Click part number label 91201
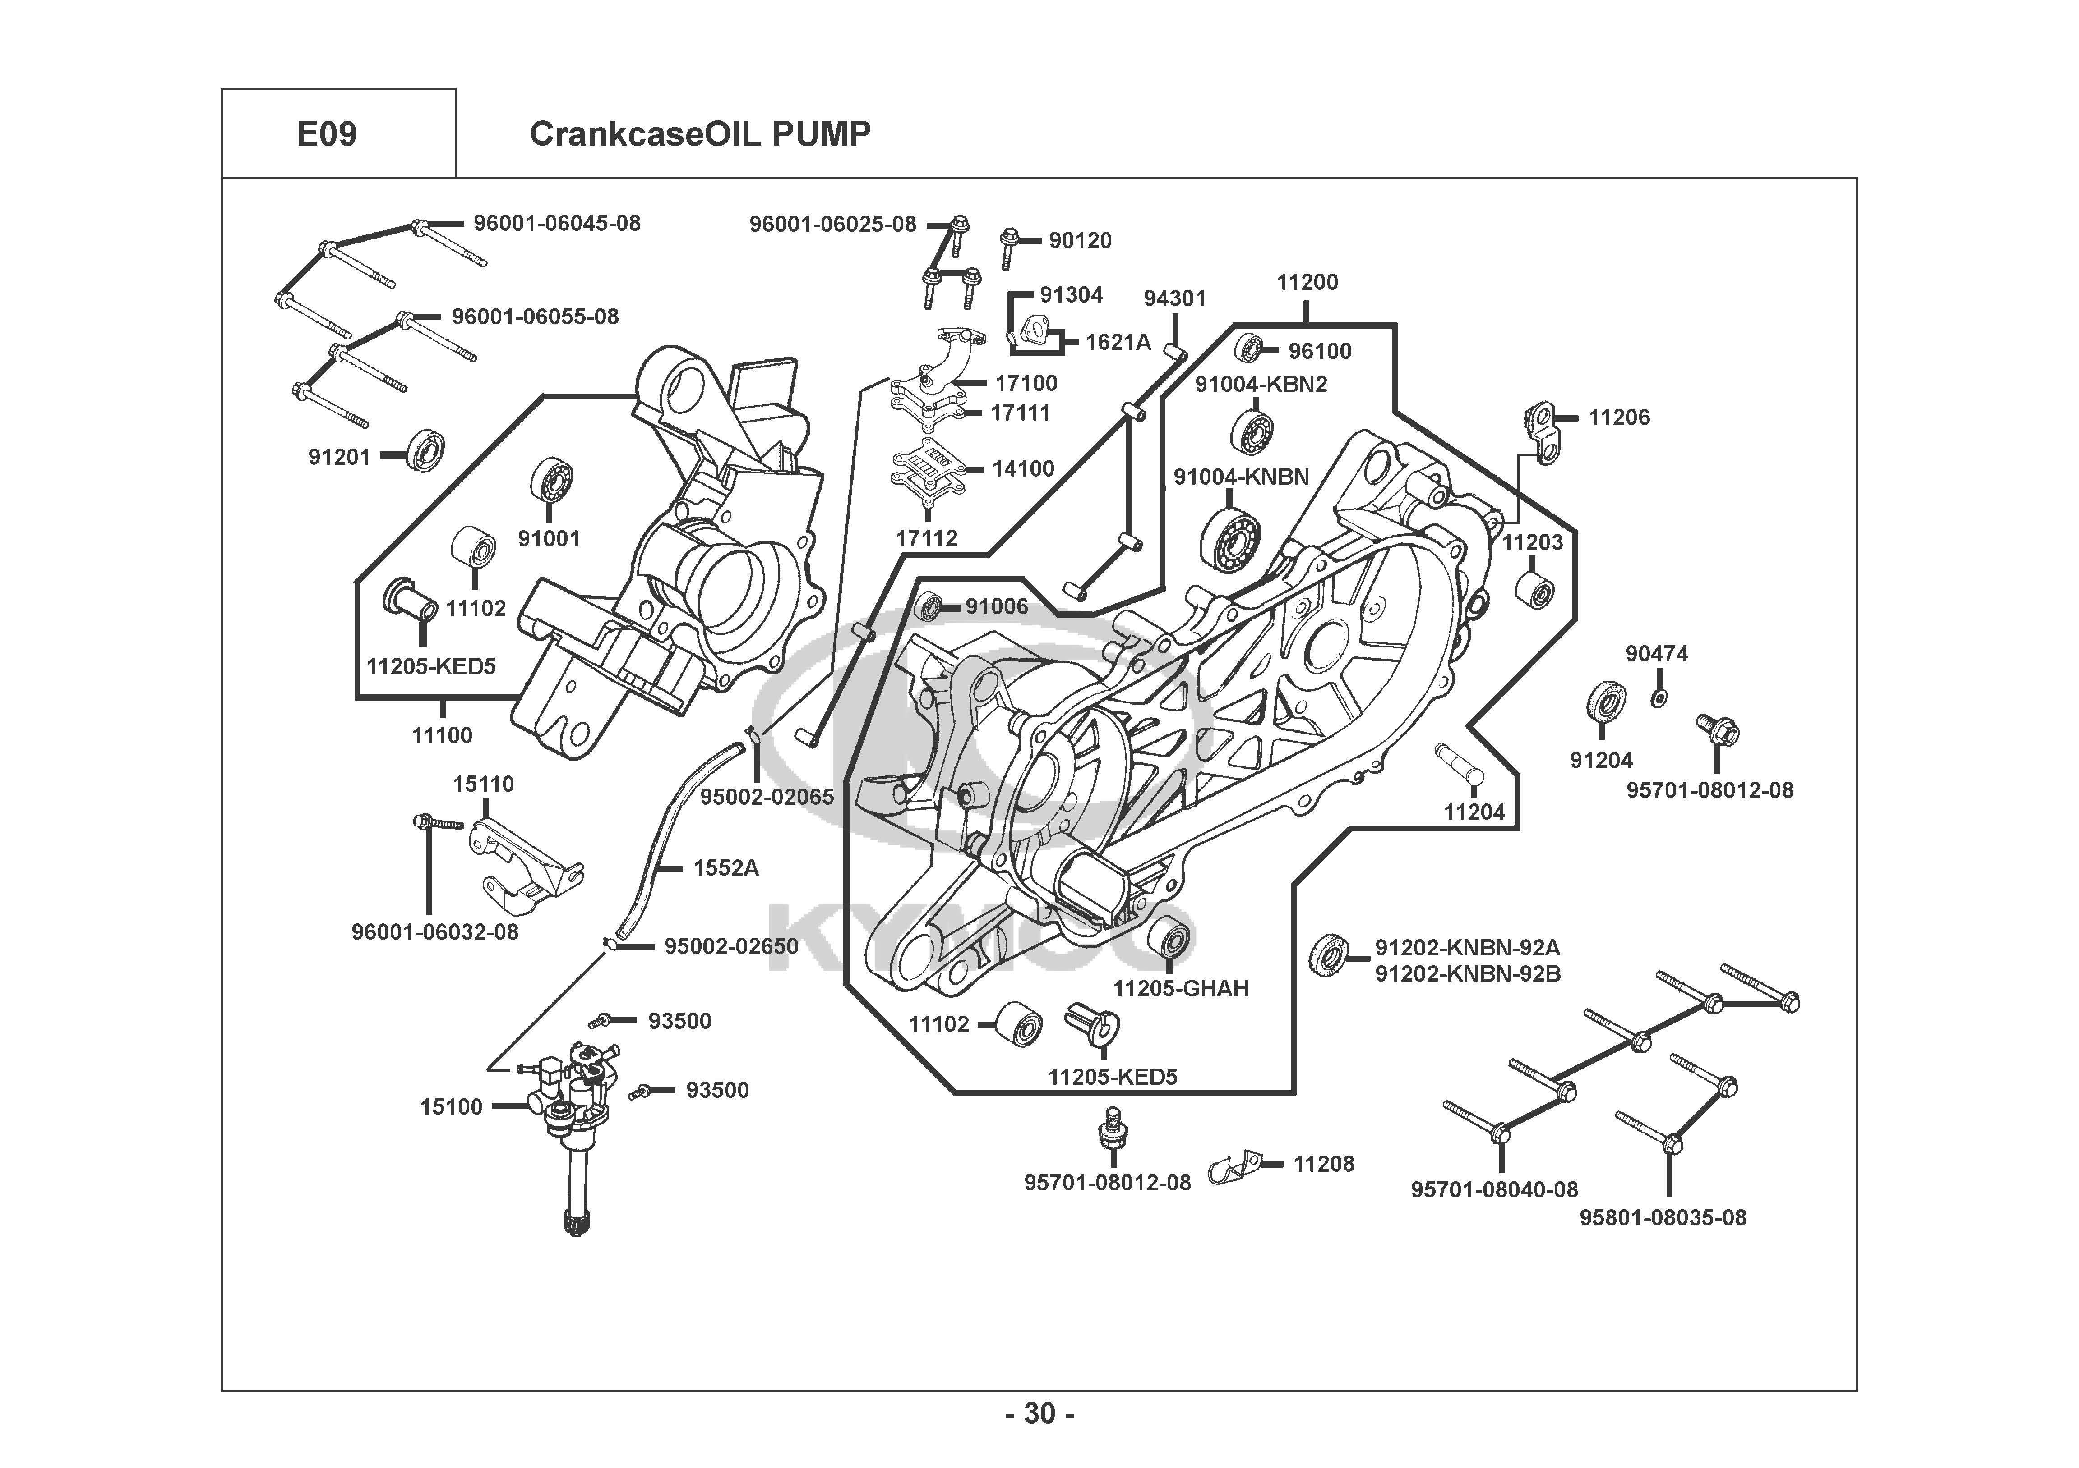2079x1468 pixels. click(340, 457)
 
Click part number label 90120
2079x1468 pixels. click(1080, 241)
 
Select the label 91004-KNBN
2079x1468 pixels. click(1242, 477)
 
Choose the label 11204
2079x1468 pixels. click(1474, 812)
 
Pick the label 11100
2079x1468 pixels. click(442, 736)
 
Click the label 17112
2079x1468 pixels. click(926, 538)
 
